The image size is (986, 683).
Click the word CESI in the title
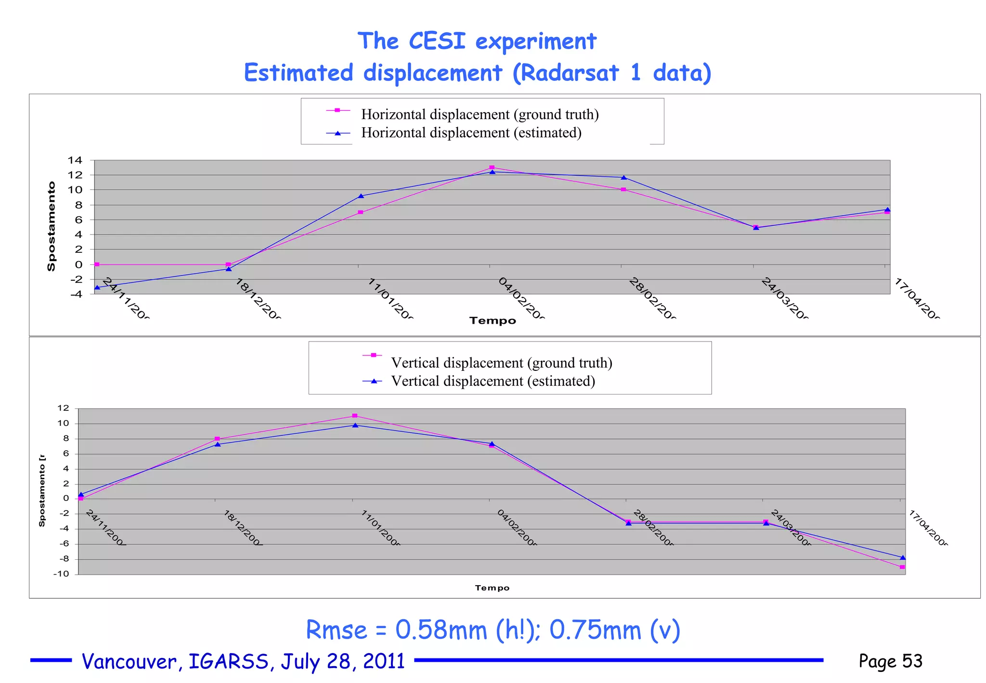(x=437, y=41)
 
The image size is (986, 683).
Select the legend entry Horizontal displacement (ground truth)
(x=480, y=115)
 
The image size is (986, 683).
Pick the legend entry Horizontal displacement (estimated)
(x=471, y=133)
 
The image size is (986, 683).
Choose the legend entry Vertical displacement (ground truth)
(x=501, y=363)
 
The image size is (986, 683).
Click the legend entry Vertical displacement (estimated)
(x=493, y=381)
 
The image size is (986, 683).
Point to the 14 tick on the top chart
(x=75, y=160)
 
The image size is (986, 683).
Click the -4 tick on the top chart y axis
(x=76, y=294)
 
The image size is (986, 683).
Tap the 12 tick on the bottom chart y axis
(x=63, y=408)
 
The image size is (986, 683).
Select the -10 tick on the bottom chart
(x=61, y=574)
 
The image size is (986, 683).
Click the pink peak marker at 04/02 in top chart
(x=492, y=168)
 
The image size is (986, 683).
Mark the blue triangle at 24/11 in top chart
(x=97, y=288)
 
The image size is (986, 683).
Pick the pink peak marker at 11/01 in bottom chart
(x=355, y=416)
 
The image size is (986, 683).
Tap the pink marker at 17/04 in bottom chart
(x=902, y=567)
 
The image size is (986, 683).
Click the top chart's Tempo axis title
(x=493, y=321)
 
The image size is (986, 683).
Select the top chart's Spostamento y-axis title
(x=51, y=226)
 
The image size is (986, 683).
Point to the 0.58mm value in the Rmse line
(x=441, y=630)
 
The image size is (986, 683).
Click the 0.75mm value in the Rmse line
(x=595, y=630)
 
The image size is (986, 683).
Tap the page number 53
(x=912, y=661)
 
